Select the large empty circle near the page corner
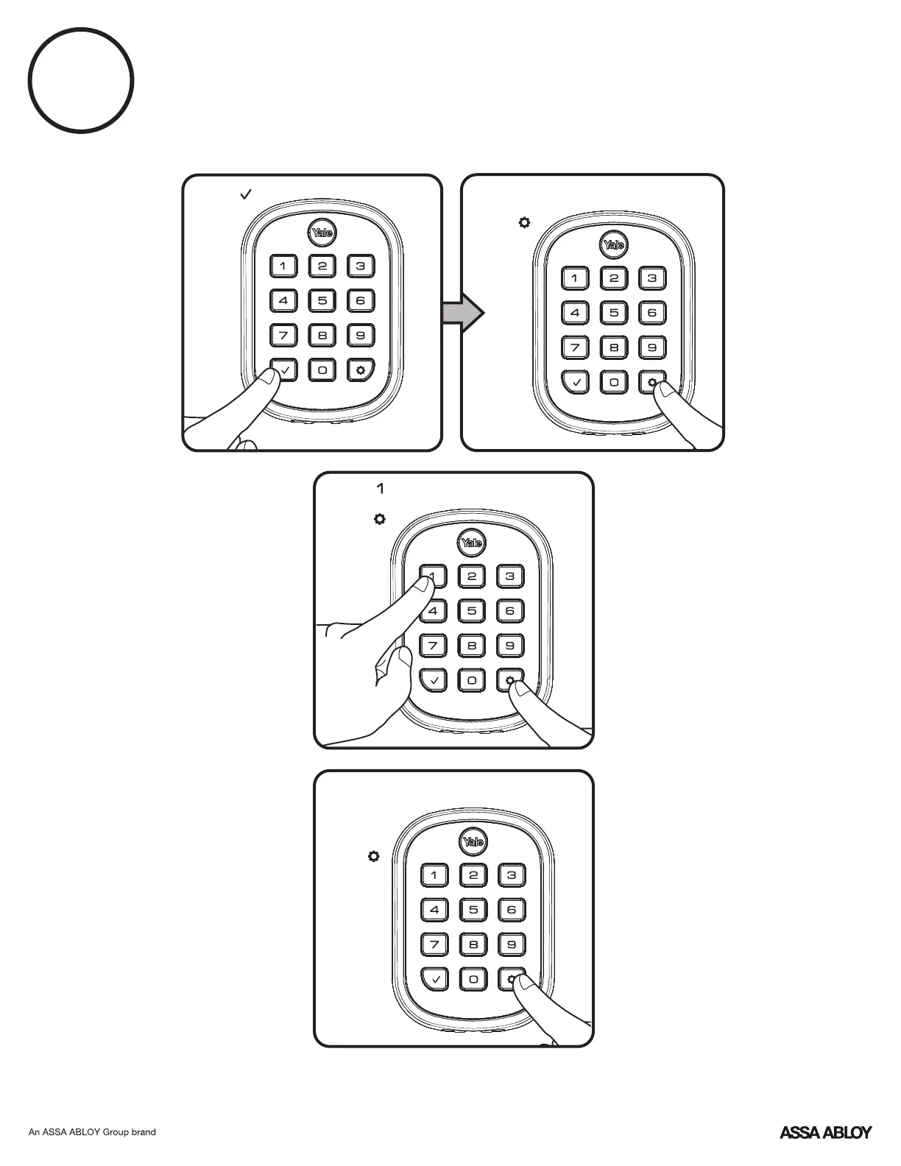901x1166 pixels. [x=81, y=80]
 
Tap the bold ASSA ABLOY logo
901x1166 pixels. [x=825, y=1132]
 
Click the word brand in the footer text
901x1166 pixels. [x=144, y=1132]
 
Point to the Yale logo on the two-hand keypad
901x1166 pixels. [x=472, y=543]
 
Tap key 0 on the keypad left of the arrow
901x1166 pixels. [x=322, y=370]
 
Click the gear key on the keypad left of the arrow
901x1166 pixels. [x=360, y=370]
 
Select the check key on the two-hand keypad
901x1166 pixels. [x=434, y=680]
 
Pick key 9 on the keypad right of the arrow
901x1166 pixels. [x=652, y=347]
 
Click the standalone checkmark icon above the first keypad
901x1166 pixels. [x=246, y=194]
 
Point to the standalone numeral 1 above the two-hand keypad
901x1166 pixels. [x=380, y=488]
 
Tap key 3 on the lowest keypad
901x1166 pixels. [x=512, y=875]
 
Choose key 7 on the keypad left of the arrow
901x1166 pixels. [x=283, y=336]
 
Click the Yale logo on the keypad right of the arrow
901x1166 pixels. [x=614, y=245]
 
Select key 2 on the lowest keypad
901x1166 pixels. [x=473, y=875]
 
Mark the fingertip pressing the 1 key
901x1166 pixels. [x=423, y=586]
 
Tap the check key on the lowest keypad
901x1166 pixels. [x=435, y=979]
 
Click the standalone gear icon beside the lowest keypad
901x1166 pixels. [x=374, y=857]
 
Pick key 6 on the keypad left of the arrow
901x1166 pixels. [x=360, y=300]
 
